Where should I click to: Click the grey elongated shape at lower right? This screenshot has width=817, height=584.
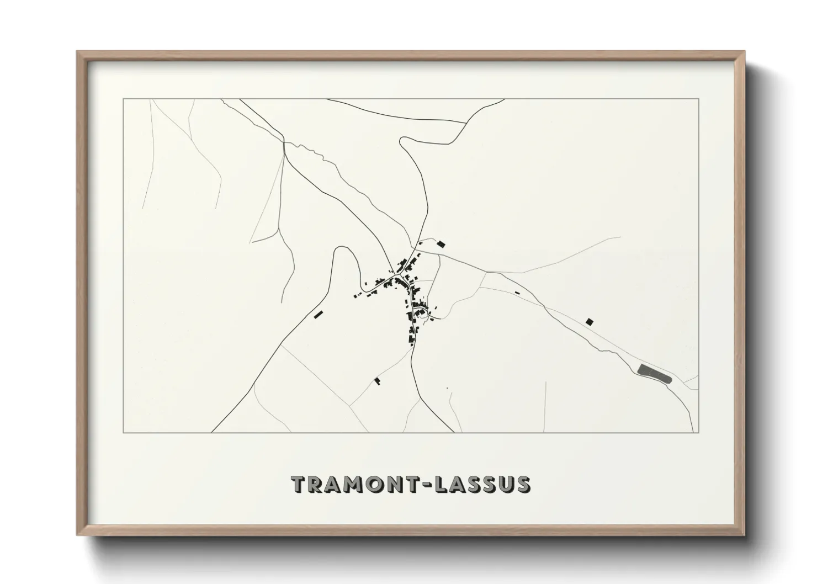coord(654,373)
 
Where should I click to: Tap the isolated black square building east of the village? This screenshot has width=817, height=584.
coord(590,321)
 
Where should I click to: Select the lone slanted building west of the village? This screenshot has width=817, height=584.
coord(317,314)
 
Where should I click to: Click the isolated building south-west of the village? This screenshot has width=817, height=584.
coord(378,381)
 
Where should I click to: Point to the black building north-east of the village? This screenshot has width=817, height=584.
coord(441,243)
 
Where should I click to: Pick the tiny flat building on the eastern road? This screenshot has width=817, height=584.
coord(517,293)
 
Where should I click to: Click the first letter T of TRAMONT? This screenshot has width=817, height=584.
coord(299,484)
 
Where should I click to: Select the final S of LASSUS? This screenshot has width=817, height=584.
coord(522,484)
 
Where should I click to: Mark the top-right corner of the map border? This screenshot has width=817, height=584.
coord(699,99)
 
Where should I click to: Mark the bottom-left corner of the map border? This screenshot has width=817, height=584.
coord(123,432)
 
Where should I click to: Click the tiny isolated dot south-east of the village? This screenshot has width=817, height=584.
coord(447,389)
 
